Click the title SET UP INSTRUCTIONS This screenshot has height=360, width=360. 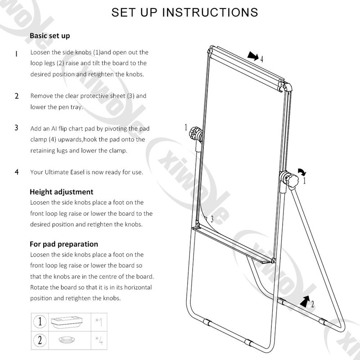185,12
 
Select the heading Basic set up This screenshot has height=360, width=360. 49,36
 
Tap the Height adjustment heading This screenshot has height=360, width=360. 62,192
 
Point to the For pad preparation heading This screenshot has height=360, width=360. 63,244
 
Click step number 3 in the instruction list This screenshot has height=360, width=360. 16,128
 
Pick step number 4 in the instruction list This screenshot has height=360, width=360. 17,172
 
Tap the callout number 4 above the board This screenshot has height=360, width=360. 261,58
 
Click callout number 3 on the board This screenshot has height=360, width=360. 212,219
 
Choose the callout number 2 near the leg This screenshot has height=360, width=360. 312,304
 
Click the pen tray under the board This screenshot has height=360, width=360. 234,246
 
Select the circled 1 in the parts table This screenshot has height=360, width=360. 40,321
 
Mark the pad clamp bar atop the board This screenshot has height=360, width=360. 245,66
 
